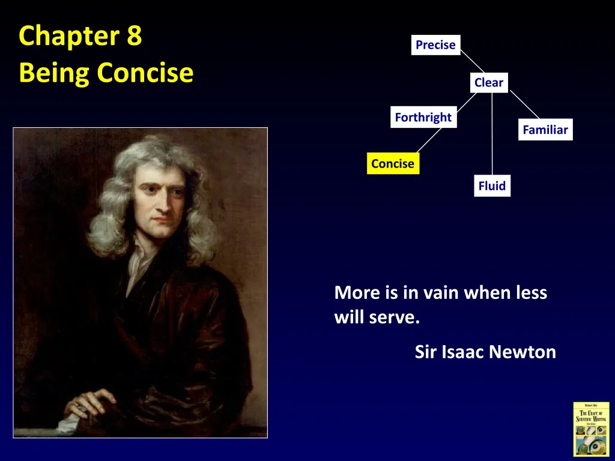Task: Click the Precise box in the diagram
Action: coord(435,45)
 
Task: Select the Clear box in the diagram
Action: coord(488,83)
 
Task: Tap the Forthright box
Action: coord(423,118)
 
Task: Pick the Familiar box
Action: coord(545,130)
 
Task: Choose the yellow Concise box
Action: coord(393,164)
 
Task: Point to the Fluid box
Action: coord(492,186)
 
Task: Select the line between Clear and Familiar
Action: coord(524,106)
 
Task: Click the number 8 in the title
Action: coord(134,36)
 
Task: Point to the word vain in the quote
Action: coord(441,293)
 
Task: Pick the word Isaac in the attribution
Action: coord(462,352)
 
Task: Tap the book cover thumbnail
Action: coord(591,429)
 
